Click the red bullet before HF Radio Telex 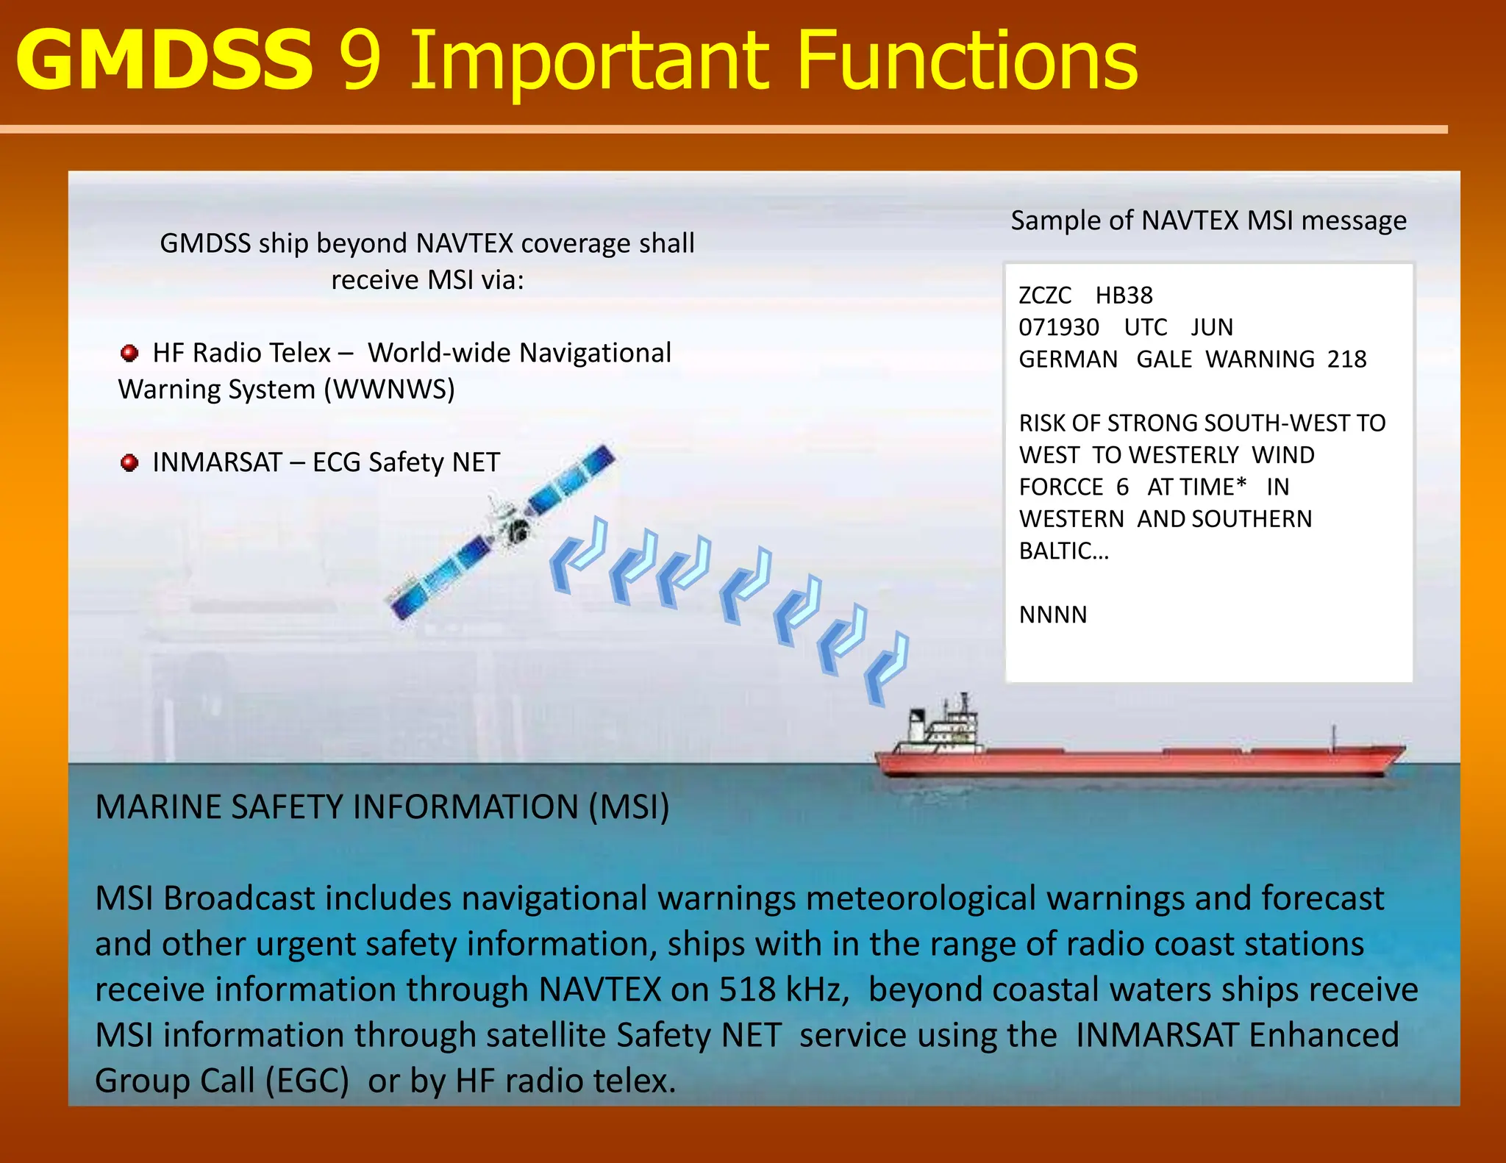click(x=129, y=354)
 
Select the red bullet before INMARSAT click(x=129, y=463)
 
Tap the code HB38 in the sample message click(x=1124, y=296)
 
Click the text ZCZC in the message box click(x=1045, y=296)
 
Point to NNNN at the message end click(x=1052, y=615)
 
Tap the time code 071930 click(x=1059, y=328)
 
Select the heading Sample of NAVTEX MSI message click(x=1208, y=221)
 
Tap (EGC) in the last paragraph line click(x=307, y=1081)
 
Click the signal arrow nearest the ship click(x=886, y=669)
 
